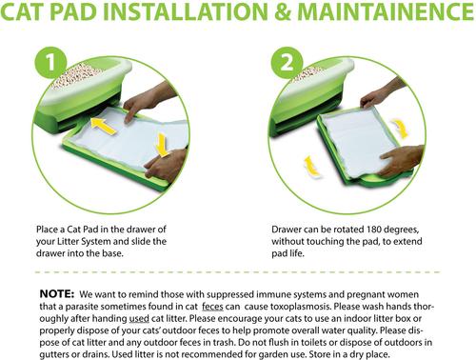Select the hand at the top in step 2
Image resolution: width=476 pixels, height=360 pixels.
coord(383,93)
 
